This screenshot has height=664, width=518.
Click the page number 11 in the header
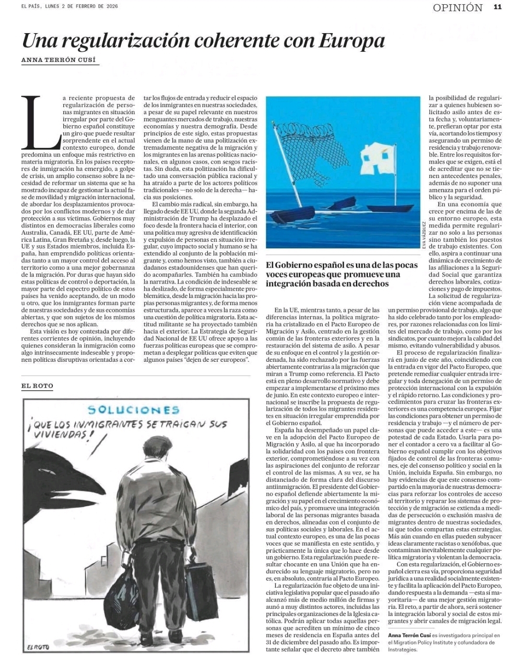pos(497,7)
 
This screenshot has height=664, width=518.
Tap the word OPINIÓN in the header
pos(457,8)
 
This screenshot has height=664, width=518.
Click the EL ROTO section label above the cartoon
pos(37,386)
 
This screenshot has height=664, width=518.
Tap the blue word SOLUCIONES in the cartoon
pos(133,410)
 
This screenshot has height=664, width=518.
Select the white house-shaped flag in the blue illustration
pos(377,155)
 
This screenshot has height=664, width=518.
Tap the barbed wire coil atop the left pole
pos(294,128)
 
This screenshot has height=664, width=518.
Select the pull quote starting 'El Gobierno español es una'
pos(341,274)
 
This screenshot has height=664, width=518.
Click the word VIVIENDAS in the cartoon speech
pos(59,435)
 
